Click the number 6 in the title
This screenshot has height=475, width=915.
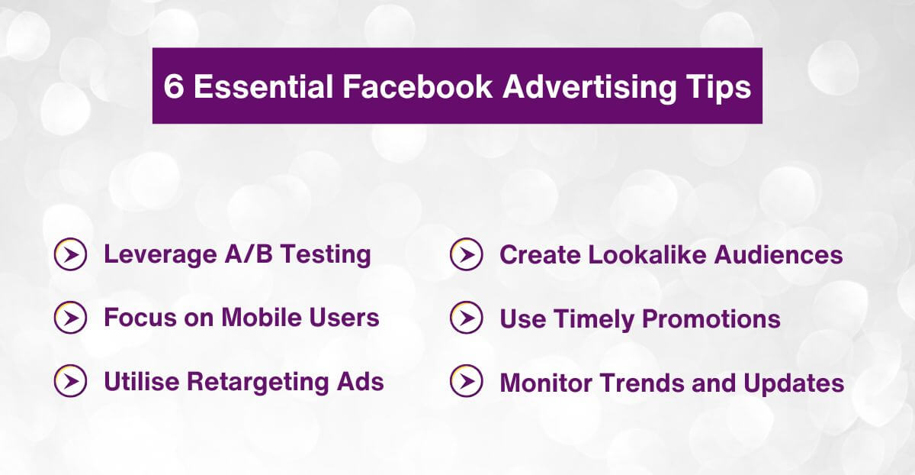click(x=173, y=86)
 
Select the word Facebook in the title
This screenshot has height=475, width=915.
click(x=417, y=86)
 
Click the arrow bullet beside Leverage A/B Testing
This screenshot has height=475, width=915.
click(x=70, y=255)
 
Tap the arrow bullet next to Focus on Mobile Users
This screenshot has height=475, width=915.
click(x=70, y=318)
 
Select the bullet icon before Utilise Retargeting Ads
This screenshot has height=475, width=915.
click(x=70, y=381)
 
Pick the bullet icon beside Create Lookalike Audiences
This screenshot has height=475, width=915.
click(x=466, y=255)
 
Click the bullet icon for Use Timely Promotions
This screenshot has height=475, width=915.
click(x=466, y=318)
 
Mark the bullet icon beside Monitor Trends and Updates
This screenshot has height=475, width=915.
click(x=466, y=381)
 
